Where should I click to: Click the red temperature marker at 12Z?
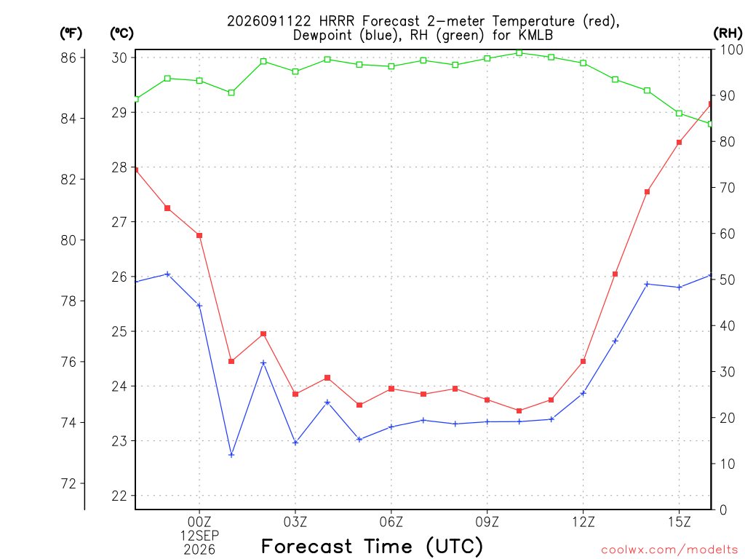(583, 362)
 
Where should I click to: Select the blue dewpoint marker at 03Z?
(295, 443)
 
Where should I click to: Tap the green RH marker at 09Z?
(487, 58)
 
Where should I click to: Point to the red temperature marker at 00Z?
(199, 236)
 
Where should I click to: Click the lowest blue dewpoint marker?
(231, 455)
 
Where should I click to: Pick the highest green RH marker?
(519, 52)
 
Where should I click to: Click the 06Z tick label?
(391, 522)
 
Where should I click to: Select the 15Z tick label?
(679, 522)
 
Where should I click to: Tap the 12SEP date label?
(199, 536)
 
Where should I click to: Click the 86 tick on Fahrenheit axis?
(68, 58)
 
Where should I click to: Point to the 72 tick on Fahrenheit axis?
(68, 484)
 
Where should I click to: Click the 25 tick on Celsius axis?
(120, 331)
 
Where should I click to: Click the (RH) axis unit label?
(728, 33)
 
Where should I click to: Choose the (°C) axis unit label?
(121, 33)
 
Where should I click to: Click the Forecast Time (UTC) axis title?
(372, 547)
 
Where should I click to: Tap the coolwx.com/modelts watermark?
(669, 550)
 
